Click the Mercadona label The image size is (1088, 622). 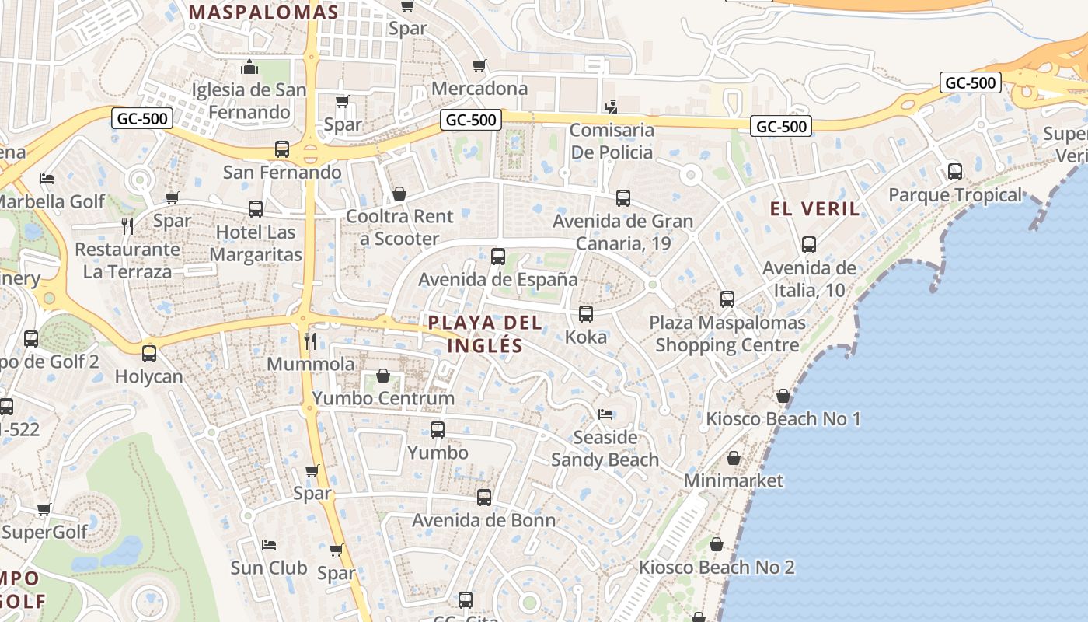(x=479, y=88)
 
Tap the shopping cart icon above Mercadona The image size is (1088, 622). (x=479, y=65)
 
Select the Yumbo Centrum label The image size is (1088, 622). (x=383, y=398)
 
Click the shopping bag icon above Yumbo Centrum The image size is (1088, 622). (x=383, y=376)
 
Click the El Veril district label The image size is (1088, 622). (x=814, y=208)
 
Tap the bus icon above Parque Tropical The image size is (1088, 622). (x=955, y=172)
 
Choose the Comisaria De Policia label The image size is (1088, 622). (x=612, y=141)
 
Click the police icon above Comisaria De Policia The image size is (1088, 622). (x=612, y=107)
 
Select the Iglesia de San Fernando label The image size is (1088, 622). (x=249, y=101)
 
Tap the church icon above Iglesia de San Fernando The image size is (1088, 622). (x=249, y=68)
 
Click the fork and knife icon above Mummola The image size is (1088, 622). (x=310, y=341)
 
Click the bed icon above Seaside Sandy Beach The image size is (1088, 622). (x=605, y=414)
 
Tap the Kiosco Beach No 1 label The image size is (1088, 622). (x=783, y=419)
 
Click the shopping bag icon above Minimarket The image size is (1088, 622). (x=733, y=459)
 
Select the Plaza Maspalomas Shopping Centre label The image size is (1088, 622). (x=727, y=334)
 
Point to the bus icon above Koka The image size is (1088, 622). (x=586, y=314)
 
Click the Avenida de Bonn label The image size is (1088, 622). (x=483, y=520)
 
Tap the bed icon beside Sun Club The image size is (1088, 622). (x=269, y=545)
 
